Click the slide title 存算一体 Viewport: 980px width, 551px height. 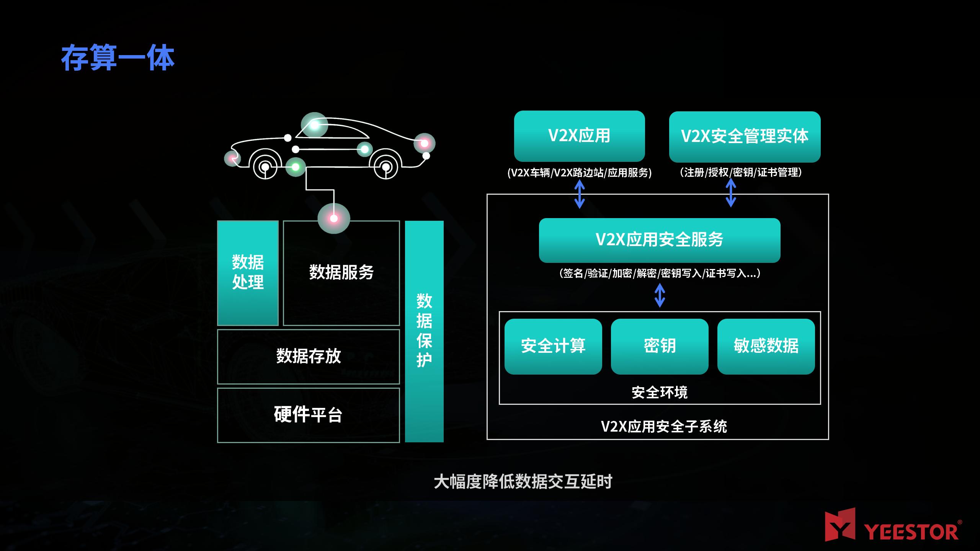118,58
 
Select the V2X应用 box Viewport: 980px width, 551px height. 579,136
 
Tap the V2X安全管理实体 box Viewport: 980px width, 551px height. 745,137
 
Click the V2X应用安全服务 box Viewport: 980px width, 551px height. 660,240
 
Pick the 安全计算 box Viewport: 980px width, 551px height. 553,346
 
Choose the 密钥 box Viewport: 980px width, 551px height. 660,346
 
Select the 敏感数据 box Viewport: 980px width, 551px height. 766,346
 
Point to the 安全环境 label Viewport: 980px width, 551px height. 660,393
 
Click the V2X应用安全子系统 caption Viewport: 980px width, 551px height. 664,426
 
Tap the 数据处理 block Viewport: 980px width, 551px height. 248,273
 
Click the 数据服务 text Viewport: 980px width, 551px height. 341,272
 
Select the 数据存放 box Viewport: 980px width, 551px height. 309,357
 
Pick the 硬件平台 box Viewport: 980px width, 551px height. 309,415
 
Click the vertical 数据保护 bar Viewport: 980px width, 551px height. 424,331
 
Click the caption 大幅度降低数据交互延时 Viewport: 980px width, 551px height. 523,482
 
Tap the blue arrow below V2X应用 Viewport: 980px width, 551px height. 580,194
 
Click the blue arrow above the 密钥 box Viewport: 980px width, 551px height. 660,295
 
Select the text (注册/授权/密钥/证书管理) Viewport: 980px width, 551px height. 741,173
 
